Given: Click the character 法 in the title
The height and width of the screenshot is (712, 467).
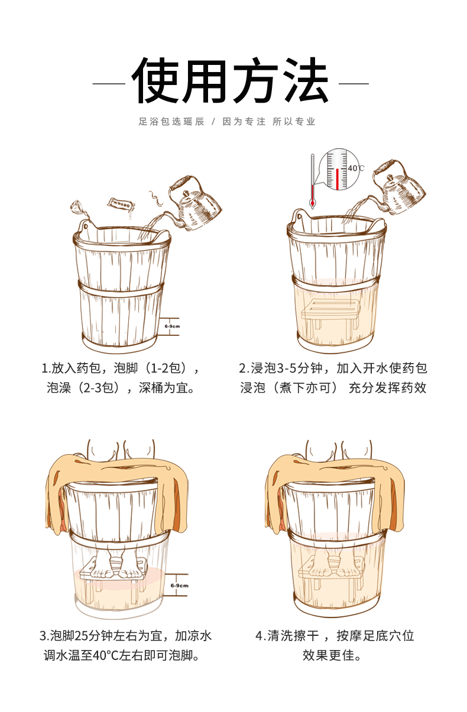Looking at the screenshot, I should pos(304,81).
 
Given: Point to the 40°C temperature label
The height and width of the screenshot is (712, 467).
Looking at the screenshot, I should pos(355,168).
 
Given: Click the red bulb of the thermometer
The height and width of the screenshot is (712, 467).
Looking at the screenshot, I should pos(312,203).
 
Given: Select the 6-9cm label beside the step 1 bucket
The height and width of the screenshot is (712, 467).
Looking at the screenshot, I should pos(171,326).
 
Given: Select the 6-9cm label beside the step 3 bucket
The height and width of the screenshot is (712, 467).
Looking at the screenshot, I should pos(179,585).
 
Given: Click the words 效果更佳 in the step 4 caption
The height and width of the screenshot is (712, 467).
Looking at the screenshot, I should pos(331,655).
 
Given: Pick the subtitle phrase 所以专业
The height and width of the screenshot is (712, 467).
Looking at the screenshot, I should pos(294,122).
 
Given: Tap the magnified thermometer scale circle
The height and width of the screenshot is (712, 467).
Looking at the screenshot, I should pos(338,169).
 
